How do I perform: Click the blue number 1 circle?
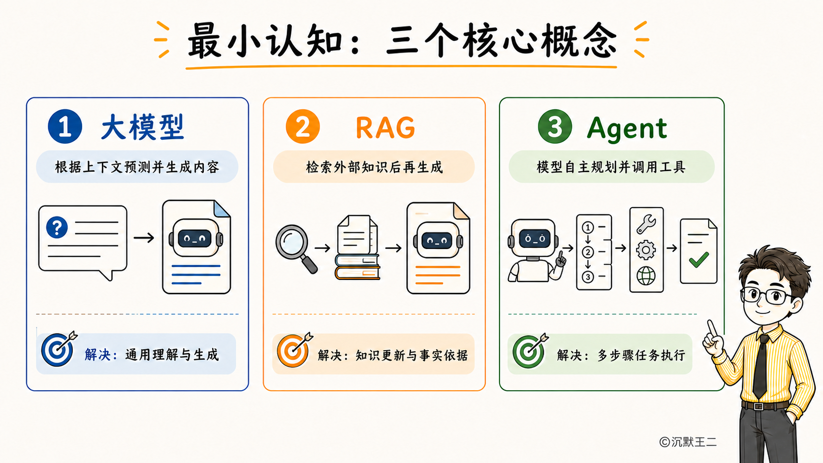coord(64,126)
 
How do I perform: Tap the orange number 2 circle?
coord(303,126)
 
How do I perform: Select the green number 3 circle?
coord(555,126)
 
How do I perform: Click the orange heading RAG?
coord(385,128)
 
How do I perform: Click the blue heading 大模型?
coord(143,127)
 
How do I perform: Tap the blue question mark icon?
coord(57,227)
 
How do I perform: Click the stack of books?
coord(357,267)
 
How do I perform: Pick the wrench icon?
coord(646,223)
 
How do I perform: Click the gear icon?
coord(646,250)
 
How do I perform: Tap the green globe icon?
coord(646,276)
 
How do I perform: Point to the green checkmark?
coord(699,260)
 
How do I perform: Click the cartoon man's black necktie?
coord(761,367)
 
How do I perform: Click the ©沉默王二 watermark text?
coord(688,442)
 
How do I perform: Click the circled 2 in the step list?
coord(588,252)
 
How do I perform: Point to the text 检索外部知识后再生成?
coord(375,167)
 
